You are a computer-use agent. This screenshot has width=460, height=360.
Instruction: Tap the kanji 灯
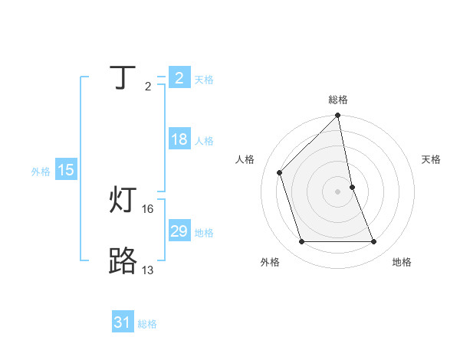click(124, 200)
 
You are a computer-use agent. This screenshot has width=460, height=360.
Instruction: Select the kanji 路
click(124, 261)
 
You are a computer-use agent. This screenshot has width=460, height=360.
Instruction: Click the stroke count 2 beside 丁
click(148, 87)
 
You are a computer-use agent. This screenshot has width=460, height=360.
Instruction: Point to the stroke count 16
click(148, 208)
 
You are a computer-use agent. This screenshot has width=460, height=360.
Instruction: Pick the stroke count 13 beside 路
click(148, 270)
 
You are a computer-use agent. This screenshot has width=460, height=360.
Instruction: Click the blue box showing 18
click(179, 139)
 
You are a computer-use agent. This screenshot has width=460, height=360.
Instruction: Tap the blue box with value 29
click(179, 231)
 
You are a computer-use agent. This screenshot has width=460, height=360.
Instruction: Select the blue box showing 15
click(65, 170)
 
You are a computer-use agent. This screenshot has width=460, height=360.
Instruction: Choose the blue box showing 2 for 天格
click(179, 77)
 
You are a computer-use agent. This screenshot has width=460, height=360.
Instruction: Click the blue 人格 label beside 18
click(204, 141)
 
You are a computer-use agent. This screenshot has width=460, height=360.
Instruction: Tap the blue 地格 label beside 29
click(204, 233)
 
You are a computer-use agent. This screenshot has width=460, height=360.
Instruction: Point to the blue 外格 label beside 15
click(41, 172)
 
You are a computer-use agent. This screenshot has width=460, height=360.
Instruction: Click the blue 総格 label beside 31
click(147, 324)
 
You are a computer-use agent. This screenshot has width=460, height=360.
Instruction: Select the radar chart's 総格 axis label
click(338, 100)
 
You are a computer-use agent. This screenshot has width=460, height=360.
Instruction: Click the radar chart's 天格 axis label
click(432, 159)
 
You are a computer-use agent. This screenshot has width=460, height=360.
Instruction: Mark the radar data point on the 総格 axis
click(338, 116)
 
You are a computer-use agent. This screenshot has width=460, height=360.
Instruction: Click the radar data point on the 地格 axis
click(374, 242)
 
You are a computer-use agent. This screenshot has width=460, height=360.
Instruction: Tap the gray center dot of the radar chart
click(338, 191)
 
